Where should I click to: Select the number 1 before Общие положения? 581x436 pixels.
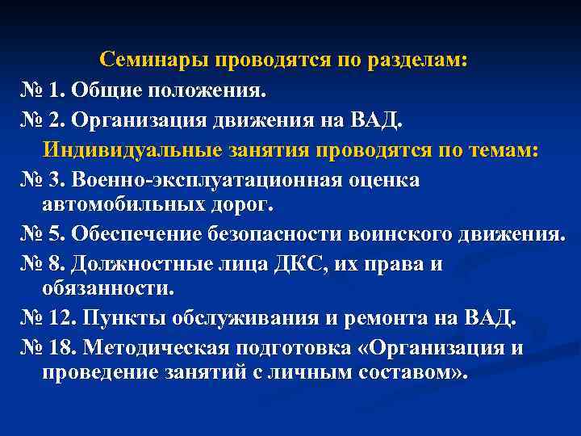60,90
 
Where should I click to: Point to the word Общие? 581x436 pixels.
106,90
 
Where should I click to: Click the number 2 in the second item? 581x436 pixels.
60,120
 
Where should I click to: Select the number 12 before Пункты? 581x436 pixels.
65,318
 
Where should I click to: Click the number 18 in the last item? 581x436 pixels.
65,348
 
